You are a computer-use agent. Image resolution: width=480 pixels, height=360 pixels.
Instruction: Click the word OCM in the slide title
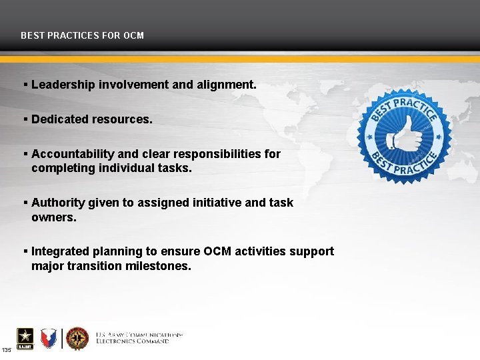(133, 35)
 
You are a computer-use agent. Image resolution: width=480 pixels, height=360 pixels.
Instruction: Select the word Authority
(57, 203)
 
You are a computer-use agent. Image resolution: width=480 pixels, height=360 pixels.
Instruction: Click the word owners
(54, 217)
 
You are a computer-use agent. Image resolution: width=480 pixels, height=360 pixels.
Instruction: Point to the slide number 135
(6, 350)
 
